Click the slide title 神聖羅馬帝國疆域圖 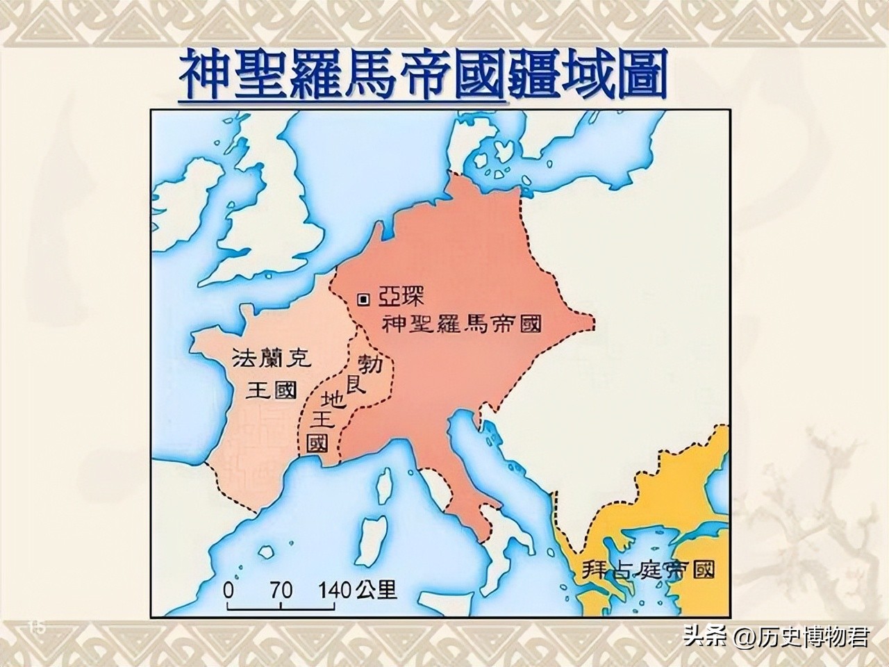point(423,74)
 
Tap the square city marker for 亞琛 point(363,299)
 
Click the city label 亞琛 point(400,299)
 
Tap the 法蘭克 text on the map point(272,359)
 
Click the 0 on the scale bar point(228,591)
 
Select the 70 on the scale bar point(280,591)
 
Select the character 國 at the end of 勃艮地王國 point(318,443)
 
